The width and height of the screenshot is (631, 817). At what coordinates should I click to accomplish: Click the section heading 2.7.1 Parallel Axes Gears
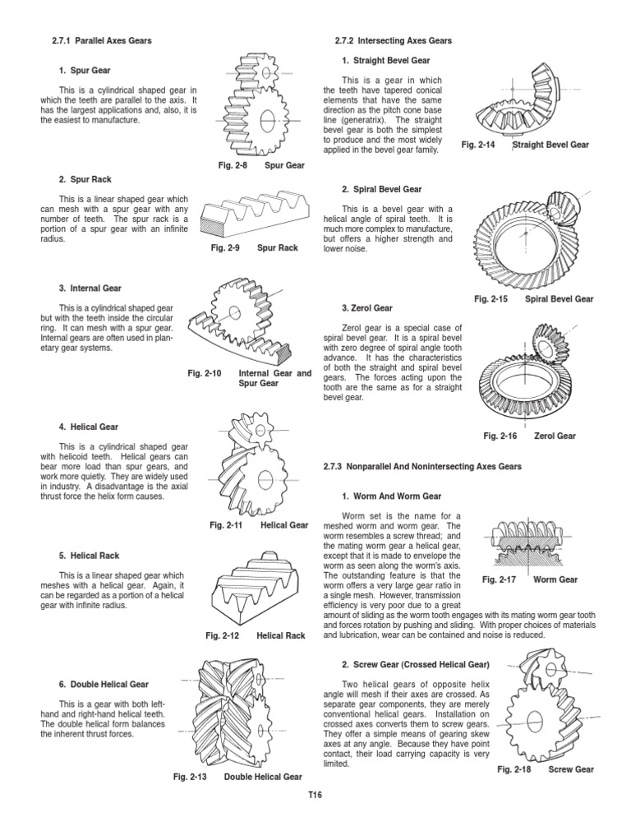tap(104, 40)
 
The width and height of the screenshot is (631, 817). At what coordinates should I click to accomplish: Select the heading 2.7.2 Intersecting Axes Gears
tap(394, 40)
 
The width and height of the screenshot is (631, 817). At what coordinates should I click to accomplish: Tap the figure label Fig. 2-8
tap(229, 165)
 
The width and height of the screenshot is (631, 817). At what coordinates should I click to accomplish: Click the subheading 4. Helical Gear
tap(89, 427)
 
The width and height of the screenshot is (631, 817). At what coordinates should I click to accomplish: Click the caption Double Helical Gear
tap(262, 776)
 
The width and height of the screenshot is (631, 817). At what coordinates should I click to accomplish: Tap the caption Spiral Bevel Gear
tap(559, 299)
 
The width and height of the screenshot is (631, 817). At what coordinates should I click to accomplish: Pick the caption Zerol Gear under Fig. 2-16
tap(555, 436)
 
